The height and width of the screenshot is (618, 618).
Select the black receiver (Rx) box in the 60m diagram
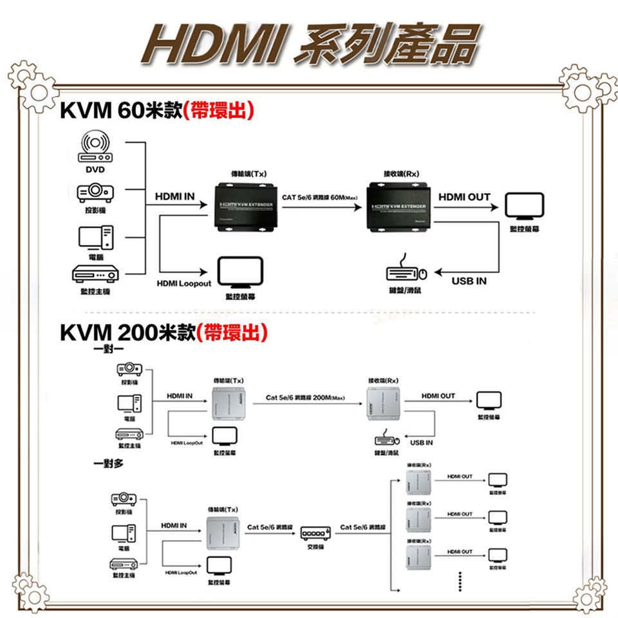point(398,207)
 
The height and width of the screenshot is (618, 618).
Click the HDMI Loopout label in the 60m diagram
point(183,283)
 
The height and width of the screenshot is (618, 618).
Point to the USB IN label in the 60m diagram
point(469,281)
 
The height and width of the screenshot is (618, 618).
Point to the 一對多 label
point(109,464)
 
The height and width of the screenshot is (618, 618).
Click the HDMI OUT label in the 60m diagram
point(464,197)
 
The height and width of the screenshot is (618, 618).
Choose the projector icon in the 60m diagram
point(95,191)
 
